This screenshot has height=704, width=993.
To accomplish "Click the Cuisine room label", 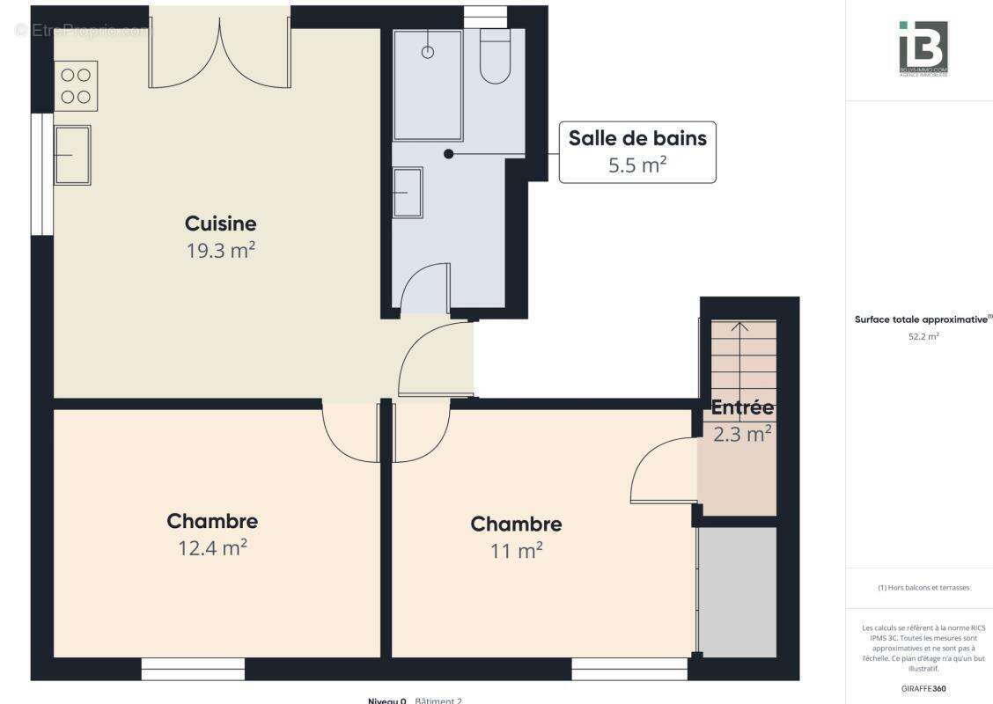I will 220,224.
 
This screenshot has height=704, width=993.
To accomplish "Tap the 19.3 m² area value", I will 220,251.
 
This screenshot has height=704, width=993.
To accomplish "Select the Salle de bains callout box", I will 637,151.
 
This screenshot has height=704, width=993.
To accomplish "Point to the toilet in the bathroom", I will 496,58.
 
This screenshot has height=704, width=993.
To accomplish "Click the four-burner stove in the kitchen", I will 76,85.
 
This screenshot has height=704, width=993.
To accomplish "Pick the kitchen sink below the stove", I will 72,154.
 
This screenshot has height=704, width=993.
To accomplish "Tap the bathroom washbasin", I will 408,191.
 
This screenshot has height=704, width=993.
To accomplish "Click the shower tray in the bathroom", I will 428,85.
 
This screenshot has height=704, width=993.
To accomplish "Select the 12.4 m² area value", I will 212,548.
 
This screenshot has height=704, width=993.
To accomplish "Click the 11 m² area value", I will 516,551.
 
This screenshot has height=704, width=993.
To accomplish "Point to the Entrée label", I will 742,407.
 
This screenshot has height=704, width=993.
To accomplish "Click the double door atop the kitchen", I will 219,53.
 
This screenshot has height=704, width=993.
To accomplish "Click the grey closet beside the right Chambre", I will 738,590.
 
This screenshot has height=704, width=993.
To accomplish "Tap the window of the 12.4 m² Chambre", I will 193,669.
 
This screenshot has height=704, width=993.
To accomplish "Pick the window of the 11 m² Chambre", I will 629,669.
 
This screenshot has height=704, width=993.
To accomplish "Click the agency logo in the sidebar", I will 923,48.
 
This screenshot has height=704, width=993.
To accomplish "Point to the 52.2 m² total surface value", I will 923,336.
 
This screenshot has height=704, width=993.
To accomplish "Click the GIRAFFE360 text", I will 923,688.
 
